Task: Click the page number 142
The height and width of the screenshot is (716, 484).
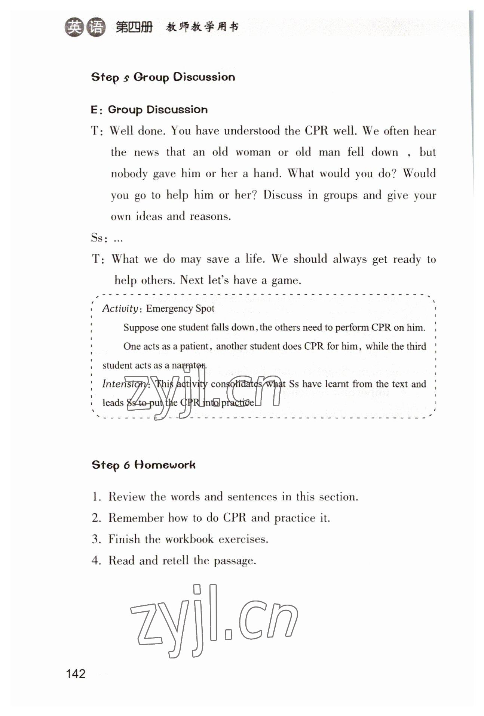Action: pyautogui.click(x=76, y=674)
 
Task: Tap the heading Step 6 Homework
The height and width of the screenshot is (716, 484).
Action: pyautogui.click(x=144, y=465)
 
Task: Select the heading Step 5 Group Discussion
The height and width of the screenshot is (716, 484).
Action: pyautogui.click(x=163, y=77)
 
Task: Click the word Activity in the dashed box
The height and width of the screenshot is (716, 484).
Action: pyautogui.click(x=120, y=308)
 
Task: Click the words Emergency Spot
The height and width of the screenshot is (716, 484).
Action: pyautogui.click(x=180, y=309)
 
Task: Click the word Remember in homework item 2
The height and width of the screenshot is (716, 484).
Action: pyautogui.click(x=136, y=518)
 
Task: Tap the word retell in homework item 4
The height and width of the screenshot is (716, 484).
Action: pyautogui.click(x=175, y=560)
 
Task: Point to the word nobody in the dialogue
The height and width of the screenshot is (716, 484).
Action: pyautogui.click(x=129, y=173)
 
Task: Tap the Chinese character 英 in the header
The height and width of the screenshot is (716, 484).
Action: pyautogui.click(x=75, y=27)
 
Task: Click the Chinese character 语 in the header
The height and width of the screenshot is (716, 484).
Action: pyautogui.click(x=96, y=27)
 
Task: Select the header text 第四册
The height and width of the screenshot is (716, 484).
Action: pyautogui.click(x=134, y=27)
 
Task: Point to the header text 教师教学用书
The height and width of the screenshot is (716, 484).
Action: pyautogui.click(x=202, y=27)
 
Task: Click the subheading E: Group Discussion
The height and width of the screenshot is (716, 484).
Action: pyautogui.click(x=149, y=109)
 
